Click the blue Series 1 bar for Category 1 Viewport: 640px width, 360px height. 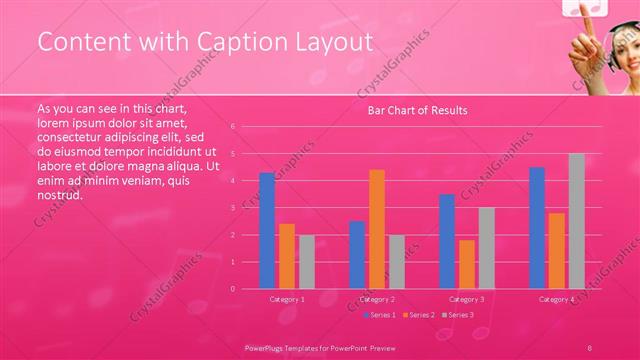[x=267, y=231]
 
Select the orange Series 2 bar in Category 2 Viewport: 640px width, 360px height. [x=377, y=229]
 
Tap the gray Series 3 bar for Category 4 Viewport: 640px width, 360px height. [x=576, y=221]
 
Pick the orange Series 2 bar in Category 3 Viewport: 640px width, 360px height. [x=467, y=264]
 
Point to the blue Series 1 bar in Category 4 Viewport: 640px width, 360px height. [x=537, y=228]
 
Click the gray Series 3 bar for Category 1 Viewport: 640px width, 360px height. [x=307, y=262]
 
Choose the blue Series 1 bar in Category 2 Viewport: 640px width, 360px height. [x=357, y=255]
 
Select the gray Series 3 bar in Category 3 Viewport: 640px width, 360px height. [x=486, y=248]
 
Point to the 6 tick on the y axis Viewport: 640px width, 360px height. [x=232, y=127]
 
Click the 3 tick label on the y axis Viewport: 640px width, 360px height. [x=232, y=208]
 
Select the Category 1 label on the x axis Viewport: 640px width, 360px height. [x=287, y=299]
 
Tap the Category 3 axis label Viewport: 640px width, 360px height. [x=467, y=299]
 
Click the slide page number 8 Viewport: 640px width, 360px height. [x=590, y=345]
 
